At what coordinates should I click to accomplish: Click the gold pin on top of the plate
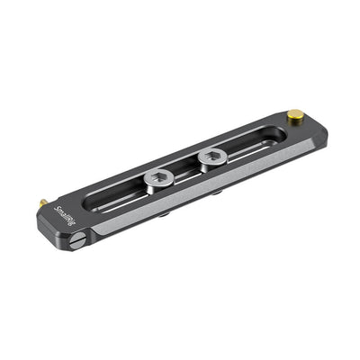pyautogui.click(x=295, y=114)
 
